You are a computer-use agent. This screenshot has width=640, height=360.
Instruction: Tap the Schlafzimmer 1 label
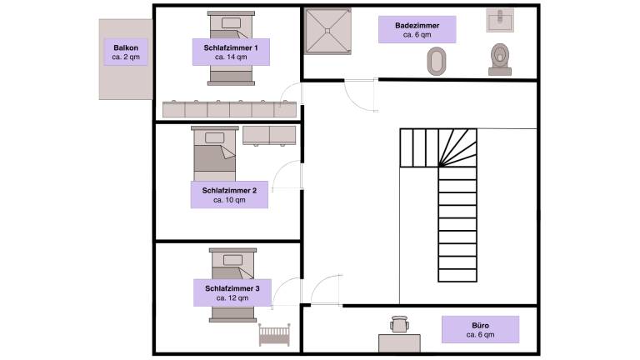click(x=230, y=53)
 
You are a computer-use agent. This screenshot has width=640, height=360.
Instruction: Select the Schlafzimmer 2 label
click(x=229, y=195)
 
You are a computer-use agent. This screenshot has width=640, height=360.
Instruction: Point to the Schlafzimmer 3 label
click(x=232, y=292)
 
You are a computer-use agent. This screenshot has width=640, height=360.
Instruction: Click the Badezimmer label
click(x=417, y=30)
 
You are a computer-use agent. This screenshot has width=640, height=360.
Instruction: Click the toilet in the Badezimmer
click(x=500, y=58)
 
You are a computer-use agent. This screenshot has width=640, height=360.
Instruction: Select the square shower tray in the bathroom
click(x=328, y=32)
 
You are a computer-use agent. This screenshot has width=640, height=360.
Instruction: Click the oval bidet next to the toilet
click(x=437, y=61)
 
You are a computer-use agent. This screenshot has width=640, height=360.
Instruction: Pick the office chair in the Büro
click(x=399, y=323)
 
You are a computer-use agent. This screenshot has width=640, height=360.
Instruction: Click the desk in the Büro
click(x=399, y=342)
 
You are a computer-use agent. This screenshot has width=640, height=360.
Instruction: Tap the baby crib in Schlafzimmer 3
click(x=274, y=335)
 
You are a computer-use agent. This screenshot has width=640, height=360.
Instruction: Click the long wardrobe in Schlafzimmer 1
click(x=230, y=109)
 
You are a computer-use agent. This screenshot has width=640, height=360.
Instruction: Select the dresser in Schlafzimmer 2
click(x=268, y=135)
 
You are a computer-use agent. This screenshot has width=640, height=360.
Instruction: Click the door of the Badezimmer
click(x=362, y=96)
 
